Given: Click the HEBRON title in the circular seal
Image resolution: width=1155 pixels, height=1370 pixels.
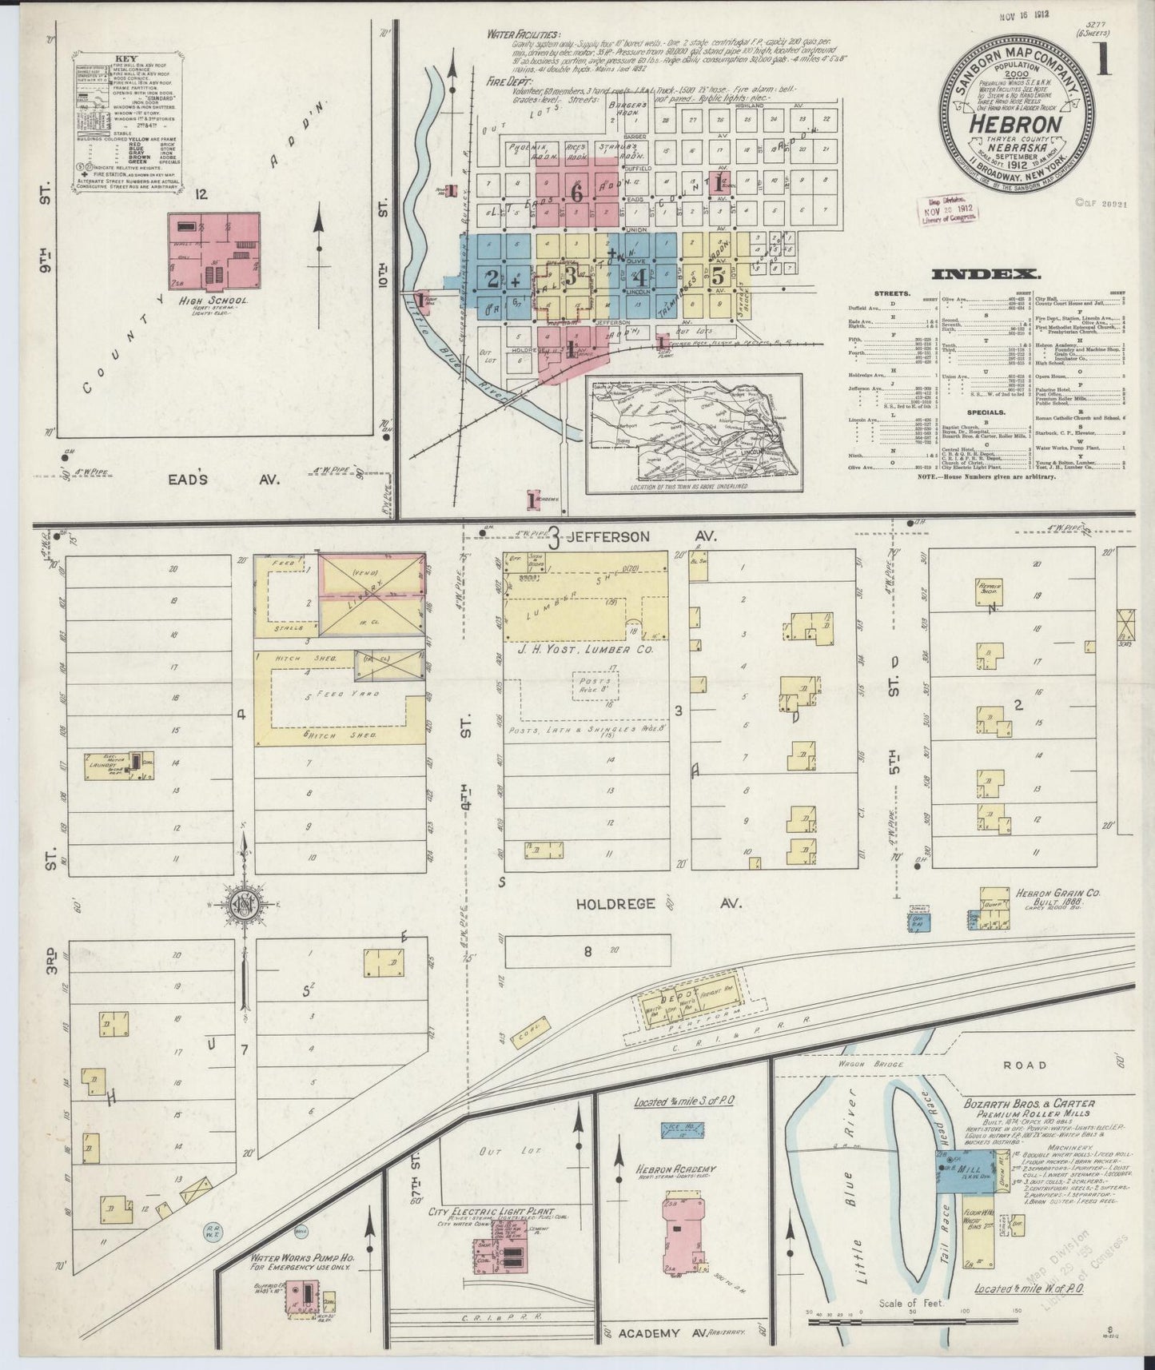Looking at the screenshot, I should (x=1016, y=125).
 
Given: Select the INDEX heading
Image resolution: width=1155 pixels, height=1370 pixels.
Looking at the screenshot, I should (x=986, y=274).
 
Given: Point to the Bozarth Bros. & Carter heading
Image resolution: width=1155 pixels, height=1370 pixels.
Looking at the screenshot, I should (x=1039, y=1104).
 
